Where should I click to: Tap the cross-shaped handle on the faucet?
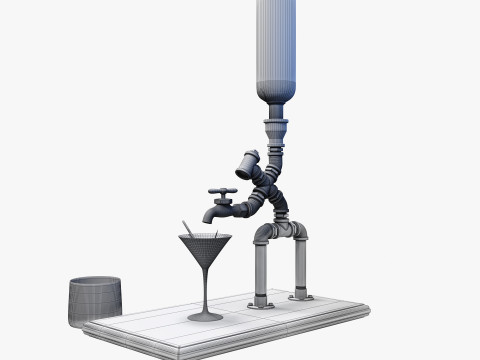click(x=222, y=191)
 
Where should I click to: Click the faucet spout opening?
click(x=208, y=218)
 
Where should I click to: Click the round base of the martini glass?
click(x=206, y=316)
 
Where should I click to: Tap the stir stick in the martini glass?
click(x=187, y=230)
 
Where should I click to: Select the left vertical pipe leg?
click(x=262, y=270)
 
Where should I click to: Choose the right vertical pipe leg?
click(x=297, y=265)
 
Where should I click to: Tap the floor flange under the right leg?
click(x=298, y=296)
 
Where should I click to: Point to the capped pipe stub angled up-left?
click(x=247, y=160)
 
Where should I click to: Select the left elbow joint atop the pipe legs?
click(x=263, y=236)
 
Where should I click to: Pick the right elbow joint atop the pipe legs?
click(x=299, y=232)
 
